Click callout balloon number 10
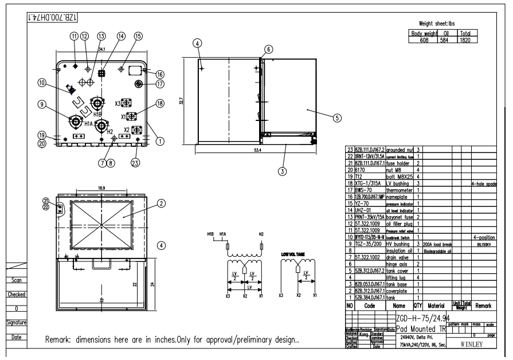click(x=42, y=83)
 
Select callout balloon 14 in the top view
click(x=104, y=36)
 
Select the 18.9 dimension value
click(x=103, y=187)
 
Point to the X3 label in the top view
click(x=118, y=104)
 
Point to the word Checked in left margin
click(x=14, y=294)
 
